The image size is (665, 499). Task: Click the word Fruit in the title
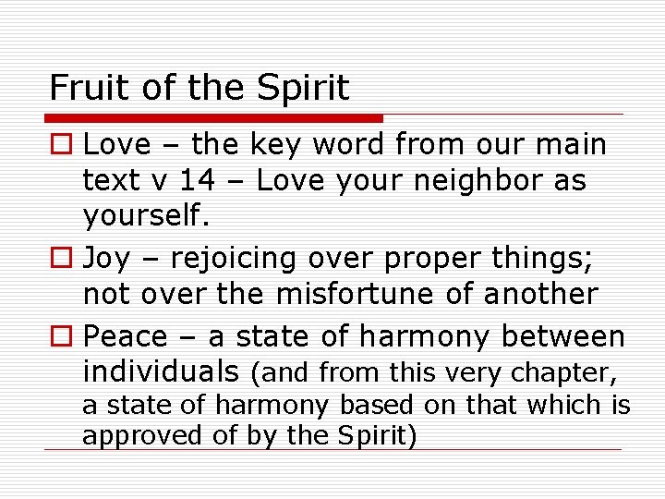[x=81, y=88]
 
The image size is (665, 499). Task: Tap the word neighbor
[x=465, y=180]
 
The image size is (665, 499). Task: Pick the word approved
[x=137, y=435]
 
